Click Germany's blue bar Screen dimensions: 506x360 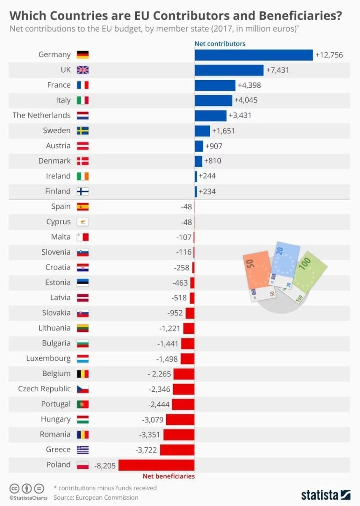click(253, 55)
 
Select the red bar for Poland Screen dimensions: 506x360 click(156, 465)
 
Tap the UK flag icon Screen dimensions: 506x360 click(83, 70)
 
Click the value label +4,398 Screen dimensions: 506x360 click(249, 85)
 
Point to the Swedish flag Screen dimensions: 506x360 click(83, 131)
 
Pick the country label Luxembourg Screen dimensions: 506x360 click(48, 358)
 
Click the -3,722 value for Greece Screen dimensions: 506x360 click(146, 449)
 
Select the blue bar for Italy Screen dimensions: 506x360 click(213, 100)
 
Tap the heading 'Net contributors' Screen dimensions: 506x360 click(220, 43)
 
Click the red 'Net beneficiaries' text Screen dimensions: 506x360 click(169, 476)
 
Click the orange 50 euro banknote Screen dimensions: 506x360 click(256, 272)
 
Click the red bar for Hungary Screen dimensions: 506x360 click(180, 419)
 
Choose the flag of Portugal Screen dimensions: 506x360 click(83, 404)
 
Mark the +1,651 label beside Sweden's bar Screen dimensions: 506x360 click(223, 131)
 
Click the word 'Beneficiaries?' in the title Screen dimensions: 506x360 click(294, 16)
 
